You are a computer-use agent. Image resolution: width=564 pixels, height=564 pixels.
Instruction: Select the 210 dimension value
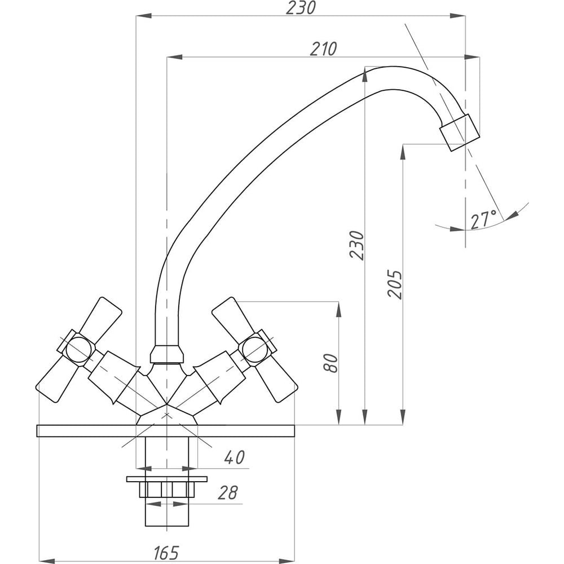point(323,49)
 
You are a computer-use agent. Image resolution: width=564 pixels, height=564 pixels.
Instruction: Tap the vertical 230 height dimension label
point(356,245)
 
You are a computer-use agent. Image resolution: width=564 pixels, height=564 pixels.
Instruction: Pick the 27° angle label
point(483,219)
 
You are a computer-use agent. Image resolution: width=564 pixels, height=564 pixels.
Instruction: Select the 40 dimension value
point(233,457)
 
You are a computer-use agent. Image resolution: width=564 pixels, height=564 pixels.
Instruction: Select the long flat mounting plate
point(166,431)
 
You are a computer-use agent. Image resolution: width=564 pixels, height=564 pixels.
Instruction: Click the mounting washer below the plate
point(166,479)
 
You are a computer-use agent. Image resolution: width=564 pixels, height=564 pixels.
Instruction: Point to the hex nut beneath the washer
point(166,489)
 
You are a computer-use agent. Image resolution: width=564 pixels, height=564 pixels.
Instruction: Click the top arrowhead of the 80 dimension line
point(338,307)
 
